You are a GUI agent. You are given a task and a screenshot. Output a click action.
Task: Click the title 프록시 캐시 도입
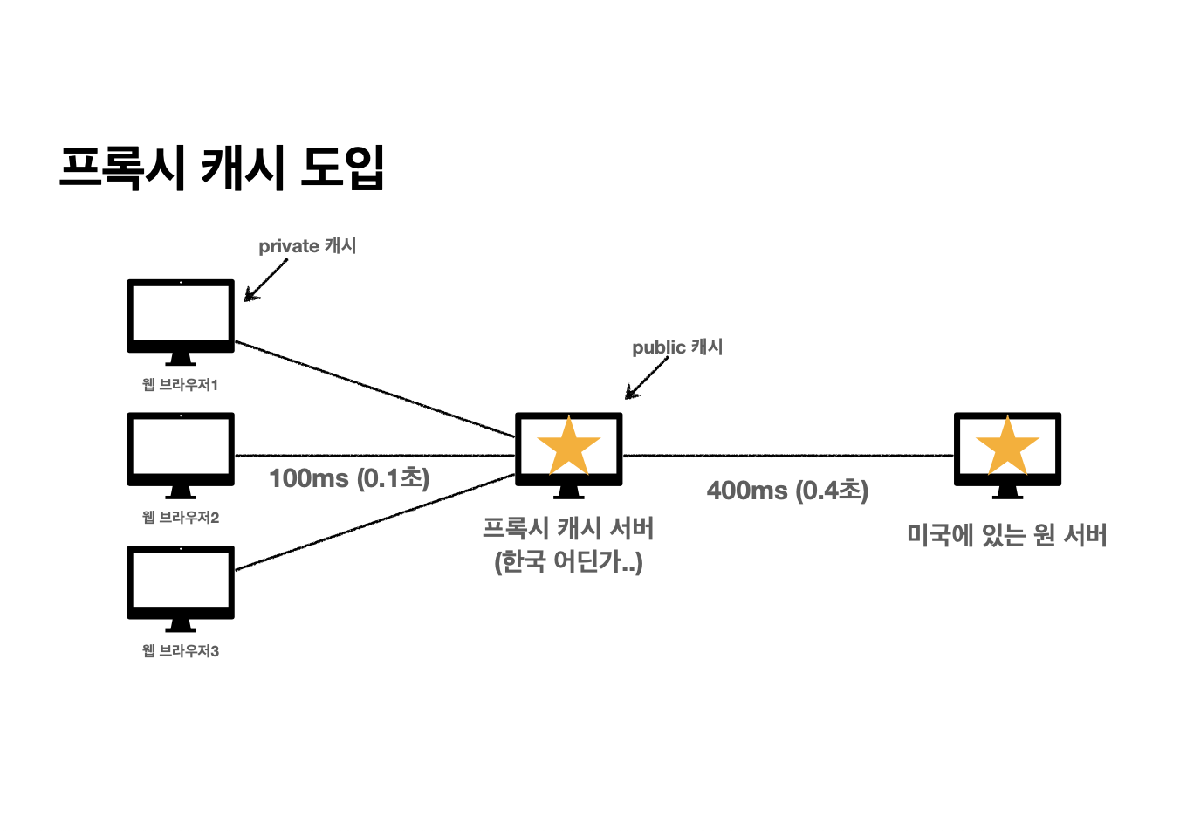click(222, 168)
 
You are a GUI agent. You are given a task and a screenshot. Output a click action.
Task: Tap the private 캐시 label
click(307, 246)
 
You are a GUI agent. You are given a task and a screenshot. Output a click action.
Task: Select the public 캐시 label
click(677, 347)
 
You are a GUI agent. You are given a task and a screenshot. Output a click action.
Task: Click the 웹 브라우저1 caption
click(180, 385)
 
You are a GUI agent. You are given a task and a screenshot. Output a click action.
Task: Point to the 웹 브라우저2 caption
click(180, 518)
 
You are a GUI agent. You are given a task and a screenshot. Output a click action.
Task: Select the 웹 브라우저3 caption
click(180, 651)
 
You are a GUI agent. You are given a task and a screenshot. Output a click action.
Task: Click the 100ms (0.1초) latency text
click(349, 478)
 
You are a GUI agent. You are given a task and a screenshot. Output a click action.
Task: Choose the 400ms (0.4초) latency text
click(787, 491)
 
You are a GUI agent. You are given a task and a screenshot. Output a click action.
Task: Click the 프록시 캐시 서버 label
click(568, 528)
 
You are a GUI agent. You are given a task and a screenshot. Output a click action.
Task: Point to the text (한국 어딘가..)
click(568, 561)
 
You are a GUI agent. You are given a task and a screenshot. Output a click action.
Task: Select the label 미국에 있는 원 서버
click(1007, 535)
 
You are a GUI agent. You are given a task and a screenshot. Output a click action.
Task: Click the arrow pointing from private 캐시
click(266, 280)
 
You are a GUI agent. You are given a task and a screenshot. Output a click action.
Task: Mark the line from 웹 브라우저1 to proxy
click(375, 389)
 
